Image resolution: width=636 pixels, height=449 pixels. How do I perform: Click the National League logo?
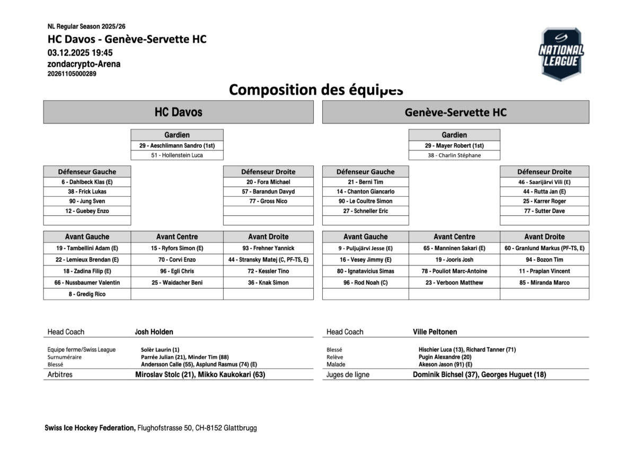coord(561,54)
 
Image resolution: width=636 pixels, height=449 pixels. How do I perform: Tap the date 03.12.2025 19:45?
coord(80,52)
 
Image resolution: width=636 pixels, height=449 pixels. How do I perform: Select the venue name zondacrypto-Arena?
coord(84,64)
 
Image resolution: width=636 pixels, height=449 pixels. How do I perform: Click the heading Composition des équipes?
coord(316,90)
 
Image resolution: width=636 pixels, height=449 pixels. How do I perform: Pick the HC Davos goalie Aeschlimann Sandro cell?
coord(177,145)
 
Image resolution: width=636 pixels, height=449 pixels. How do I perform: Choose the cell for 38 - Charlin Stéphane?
coord(454,155)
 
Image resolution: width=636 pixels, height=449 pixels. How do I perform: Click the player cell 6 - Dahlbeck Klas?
coord(87,182)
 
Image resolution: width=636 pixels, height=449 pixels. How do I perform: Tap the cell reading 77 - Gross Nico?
coord(268,201)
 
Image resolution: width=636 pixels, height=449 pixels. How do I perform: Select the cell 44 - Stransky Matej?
coord(268,260)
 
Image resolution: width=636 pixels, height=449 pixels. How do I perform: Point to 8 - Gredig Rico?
coord(87,294)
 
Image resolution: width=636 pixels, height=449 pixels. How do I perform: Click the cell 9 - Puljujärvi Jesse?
coord(365,248)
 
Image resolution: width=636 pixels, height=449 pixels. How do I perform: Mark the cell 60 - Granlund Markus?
coord(544,248)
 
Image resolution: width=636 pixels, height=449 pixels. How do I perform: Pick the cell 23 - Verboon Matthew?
coord(454,283)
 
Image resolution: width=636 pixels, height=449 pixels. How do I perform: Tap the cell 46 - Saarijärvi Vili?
coord(544,182)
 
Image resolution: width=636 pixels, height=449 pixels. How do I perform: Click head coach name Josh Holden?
coord(154,332)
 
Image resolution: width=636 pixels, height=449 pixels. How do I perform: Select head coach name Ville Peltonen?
coord(435,332)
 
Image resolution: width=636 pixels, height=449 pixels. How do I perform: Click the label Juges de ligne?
coord(348,374)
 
